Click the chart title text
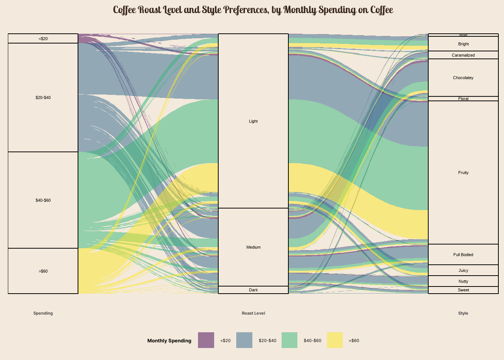click(253, 10)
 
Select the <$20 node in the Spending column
click(43, 39)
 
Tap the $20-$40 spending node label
click(43, 97)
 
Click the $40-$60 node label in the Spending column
click(43, 200)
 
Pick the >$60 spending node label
click(43, 271)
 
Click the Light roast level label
click(253, 121)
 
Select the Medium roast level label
click(253, 247)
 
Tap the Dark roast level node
click(253, 290)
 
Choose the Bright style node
click(463, 44)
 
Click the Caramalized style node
click(463, 55)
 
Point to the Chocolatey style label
click(463, 78)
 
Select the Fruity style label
click(463, 172)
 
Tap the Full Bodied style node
click(463, 255)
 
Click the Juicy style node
click(463, 270)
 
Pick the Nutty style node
click(463, 281)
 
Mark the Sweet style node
click(463, 290)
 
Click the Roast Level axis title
click(253, 313)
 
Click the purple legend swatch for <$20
click(206, 340)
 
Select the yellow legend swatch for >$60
click(335, 340)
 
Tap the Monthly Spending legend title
click(169, 340)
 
